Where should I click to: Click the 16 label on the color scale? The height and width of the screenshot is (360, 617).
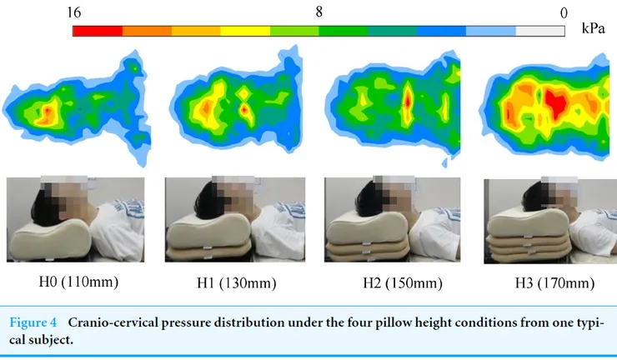[x=74, y=12]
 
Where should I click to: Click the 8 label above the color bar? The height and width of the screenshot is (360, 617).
[x=319, y=12]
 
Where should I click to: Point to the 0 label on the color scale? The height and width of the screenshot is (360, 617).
[x=564, y=12]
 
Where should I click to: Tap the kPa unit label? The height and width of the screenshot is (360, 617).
[x=593, y=29]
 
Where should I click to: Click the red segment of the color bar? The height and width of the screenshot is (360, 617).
[x=98, y=31]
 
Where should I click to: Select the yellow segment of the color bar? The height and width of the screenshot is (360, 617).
[x=245, y=31]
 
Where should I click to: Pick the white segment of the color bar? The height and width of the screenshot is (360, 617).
[x=540, y=31]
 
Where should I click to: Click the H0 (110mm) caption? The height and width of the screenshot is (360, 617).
[x=75, y=282]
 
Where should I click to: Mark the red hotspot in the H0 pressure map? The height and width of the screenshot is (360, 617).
[x=47, y=110]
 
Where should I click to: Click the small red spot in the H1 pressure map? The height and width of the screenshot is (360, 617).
[x=243, y=107]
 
